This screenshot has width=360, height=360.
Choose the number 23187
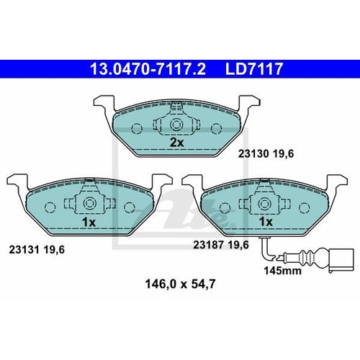207,245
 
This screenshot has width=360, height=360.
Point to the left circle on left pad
49,207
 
